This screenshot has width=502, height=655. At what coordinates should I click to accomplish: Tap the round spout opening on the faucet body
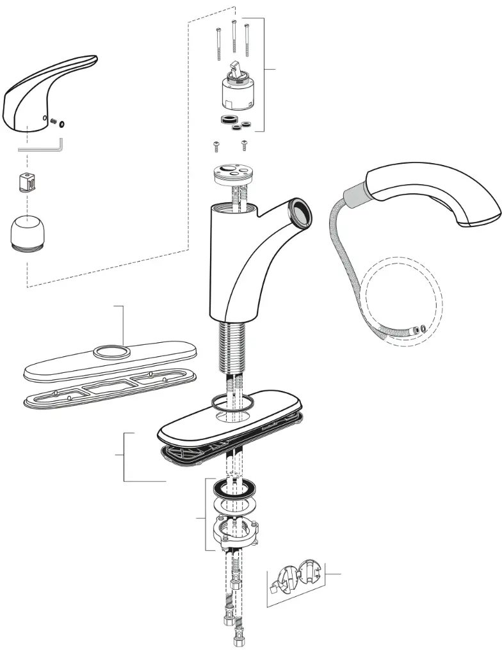tap(300, 212)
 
